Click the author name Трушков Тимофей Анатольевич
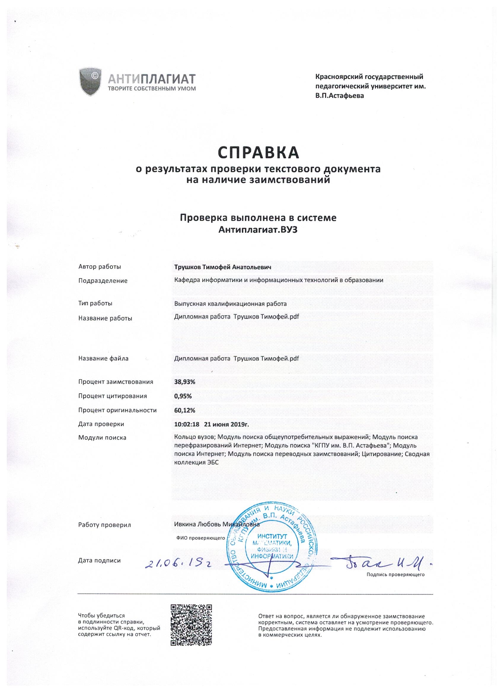223,267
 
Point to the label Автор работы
100,267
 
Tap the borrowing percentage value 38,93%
185,382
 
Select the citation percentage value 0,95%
183,396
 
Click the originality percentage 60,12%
185,410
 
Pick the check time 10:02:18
186,424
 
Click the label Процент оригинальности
117,410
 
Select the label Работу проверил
105,525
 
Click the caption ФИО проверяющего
200,538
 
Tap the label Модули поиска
102,438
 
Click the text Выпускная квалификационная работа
230,304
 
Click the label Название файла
103,359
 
